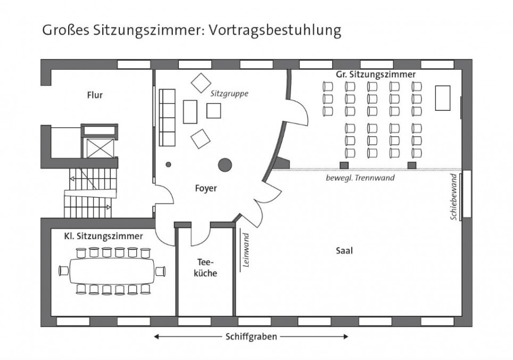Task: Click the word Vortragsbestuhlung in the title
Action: pos(275,30)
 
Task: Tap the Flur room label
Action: pos(95,95)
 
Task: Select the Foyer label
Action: pos(206,189)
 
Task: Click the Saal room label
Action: pos(344,251)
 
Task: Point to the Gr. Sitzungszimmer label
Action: pos(376,75)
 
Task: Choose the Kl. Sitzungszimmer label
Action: pos(103,236)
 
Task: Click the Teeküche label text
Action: pos(205,268)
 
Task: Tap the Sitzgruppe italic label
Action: pos(229,94)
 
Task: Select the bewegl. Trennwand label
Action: pos(360,178)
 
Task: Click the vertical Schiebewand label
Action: pos(454,197)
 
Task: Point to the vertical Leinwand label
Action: pos(246,250)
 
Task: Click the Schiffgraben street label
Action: pos(251,337)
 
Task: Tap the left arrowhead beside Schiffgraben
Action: pos(156,337)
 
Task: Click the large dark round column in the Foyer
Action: pos(225,165)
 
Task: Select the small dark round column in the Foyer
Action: pos(169,165)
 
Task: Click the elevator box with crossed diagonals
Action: pos(100,148)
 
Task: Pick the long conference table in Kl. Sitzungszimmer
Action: pos(112,271)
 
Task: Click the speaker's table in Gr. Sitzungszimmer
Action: pos(443,98)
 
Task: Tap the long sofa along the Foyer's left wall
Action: pos(167,118)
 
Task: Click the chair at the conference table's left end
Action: pos(64,271)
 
